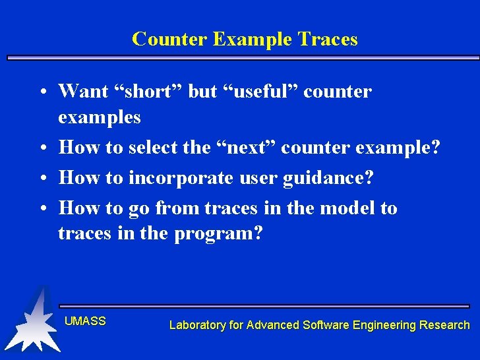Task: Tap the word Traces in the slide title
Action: click(x=328, y=40)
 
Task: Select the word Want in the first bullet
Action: click(x=83, y=91)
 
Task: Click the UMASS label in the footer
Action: click(x=85, y=321)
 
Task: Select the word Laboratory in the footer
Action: click(x=197, y=325)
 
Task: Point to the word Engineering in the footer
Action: click(x=384, y=325)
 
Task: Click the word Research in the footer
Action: click(x=445, y=325)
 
